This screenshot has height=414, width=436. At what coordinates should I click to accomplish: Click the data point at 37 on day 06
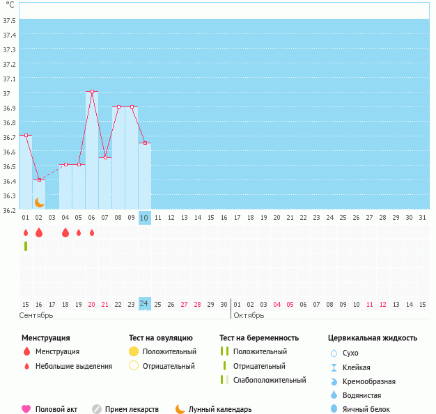pyautogui.click(x=92, y=91)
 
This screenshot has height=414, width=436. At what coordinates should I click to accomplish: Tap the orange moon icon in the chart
pyautogui.click(x=40, y=202)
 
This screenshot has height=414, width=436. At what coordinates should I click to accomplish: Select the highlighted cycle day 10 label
pyautogui.click(x=144, y=218)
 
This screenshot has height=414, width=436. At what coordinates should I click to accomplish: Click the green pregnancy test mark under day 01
pyautogui.click(x=26, y=246)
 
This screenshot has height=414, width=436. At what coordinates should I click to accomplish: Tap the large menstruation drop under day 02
pyautogui.click(x=39, y=232)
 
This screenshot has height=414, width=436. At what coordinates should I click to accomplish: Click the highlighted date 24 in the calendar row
pyautogui.click(x=144, y=304)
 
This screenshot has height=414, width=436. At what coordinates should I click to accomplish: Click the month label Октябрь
pyautogui.click(x=249, y=315)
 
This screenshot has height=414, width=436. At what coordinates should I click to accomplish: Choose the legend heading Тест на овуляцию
pyautogui.click(x=161, y=338)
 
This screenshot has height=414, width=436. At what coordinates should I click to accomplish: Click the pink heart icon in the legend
pyautogui.click(x=26, y=409)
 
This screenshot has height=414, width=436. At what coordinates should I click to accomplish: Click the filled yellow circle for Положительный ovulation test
pyautogui.click(x=134, y=351)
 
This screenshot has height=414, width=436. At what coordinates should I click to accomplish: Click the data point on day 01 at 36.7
pyautogui.click(x=26, y=135)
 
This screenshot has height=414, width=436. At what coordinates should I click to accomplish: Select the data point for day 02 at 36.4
pyautogui.click(x=39, y=180)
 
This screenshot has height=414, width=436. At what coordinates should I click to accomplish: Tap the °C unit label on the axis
pyautogui.click(x=10, y=5)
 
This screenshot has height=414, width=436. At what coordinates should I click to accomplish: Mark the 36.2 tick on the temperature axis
pyautogui.click(x=10, y=209)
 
